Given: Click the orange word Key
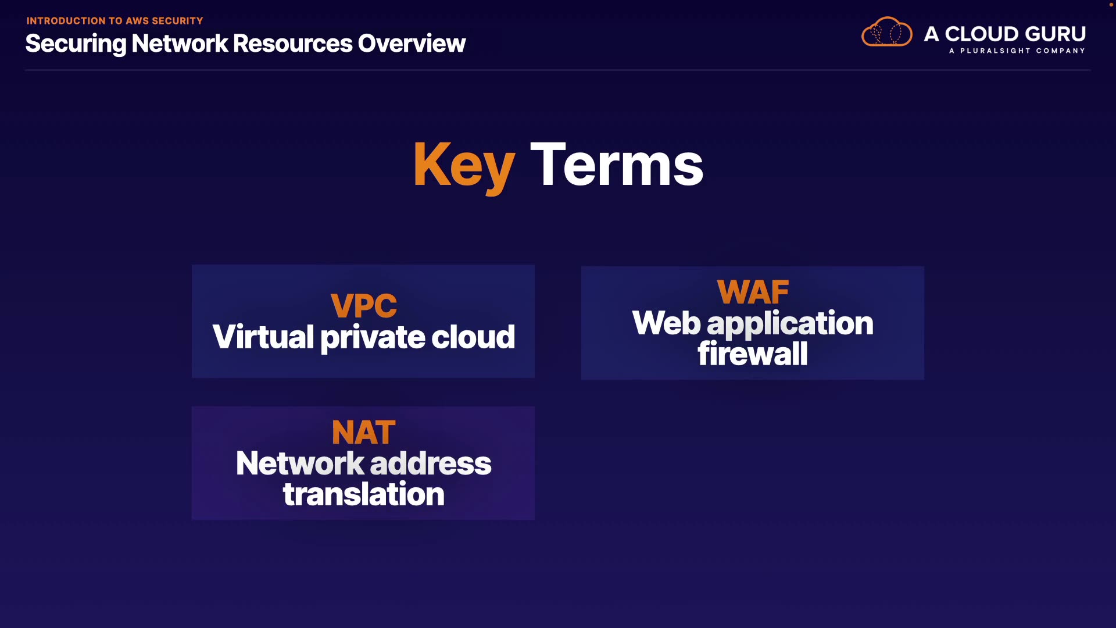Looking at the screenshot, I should point(464,166).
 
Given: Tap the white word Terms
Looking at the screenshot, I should point(617,166).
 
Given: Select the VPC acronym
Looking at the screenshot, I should point(363,306).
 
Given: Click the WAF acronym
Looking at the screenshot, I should point(753,292).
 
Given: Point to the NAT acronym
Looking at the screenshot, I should point(363,433).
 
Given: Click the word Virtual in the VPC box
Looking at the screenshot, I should point(263,337).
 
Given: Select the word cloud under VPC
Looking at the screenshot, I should point(473,337).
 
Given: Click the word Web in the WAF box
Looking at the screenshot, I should point(667,323).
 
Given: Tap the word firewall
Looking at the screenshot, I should point(753,354).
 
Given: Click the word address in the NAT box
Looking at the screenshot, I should point(431,463).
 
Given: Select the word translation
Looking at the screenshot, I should point(363,494).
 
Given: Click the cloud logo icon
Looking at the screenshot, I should point(886,33).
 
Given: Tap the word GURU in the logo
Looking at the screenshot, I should point(1056,34).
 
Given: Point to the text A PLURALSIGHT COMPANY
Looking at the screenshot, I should point(1017,51).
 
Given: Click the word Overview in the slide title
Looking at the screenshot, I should point(412,44).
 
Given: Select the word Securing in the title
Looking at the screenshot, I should point(76,44).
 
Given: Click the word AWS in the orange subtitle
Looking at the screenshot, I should point(137,21).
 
